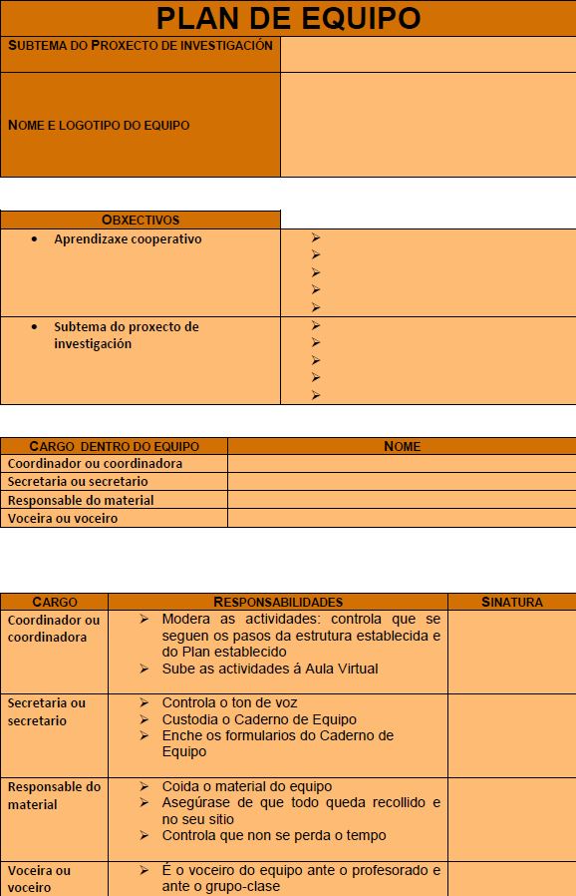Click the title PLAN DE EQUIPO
pos(288,18)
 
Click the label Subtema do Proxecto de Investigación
pos(141,46)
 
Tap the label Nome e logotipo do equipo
pos(99,126)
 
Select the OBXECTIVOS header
pos(141,220)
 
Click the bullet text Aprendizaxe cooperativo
pos(128,239)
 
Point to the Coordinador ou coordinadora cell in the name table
pos(96,463)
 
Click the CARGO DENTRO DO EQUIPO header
pos(115,446)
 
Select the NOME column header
pos(402,446)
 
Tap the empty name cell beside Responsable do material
pos(402,500)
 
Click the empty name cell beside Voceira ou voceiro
pos(402,518)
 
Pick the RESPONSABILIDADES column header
pos(278,602)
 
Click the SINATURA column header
pos(511,602)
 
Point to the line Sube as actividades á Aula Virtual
pos(270,669)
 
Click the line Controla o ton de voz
pos(229,702)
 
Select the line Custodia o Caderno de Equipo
pos(259,719)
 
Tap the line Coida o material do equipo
pos(247,786)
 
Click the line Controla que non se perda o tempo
pos(274,835)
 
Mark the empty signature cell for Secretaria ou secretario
pos(511,734)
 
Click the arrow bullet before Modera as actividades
pos(145,620)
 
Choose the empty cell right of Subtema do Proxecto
pos(428,54)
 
